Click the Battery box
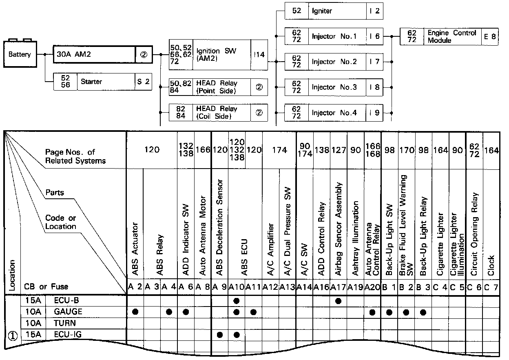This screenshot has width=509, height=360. tap(19, 54)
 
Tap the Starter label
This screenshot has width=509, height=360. tap(92, 82)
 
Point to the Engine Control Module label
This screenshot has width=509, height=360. tap(452, 36)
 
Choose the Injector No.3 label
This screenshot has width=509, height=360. tap(334, 87)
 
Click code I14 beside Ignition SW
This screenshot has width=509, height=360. tap(259, 55)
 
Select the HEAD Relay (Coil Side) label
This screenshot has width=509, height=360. tap(217, 112)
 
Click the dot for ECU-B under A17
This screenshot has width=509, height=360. tap(338, 301)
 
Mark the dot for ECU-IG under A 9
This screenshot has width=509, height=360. tap(220, 335)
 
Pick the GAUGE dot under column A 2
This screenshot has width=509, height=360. tap(135, 312)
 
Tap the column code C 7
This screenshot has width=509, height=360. tap(491, 287)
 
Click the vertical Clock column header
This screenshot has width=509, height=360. tap(491, 266)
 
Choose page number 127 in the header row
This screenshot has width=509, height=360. tap(338, 150)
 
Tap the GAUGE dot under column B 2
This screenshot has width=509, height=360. tap(406, 312)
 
